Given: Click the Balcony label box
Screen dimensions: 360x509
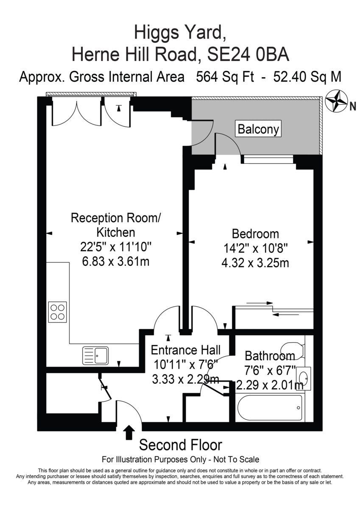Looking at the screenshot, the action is click(258, 129).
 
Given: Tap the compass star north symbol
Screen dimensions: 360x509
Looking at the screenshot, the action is click(336, 101).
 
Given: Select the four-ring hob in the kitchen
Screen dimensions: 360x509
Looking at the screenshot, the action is click(58, 312).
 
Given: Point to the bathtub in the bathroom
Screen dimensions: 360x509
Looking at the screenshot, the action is click(270, 408).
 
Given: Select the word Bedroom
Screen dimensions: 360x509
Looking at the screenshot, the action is click(255, 234).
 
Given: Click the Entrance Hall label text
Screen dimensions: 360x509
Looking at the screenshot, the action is click(186, 350).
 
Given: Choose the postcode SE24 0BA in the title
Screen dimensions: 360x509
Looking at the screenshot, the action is click(248, 55).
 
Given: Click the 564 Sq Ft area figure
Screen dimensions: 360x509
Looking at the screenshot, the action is click(225, 77).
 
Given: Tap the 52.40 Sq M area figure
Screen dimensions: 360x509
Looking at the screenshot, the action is click(307, 77).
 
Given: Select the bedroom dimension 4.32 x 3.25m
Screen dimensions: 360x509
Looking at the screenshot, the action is click(255, 263).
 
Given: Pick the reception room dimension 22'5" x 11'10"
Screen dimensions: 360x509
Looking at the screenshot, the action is click(116, 246).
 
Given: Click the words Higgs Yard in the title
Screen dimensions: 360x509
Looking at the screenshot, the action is click(180, 32).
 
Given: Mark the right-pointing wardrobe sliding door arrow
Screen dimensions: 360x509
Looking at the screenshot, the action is click(260, 303).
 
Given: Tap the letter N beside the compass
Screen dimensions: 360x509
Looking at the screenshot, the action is click(353, 106).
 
